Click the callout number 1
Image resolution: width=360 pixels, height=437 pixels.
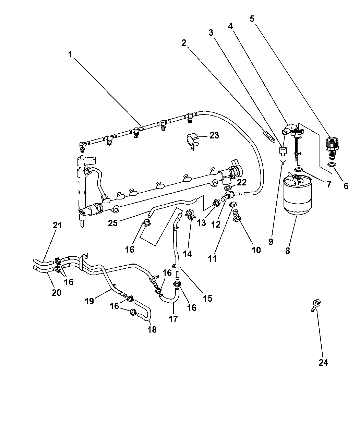[70, 54]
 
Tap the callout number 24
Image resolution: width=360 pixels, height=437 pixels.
[323, 363]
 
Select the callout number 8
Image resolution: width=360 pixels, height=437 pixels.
[287, 251]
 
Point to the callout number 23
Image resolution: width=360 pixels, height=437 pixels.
[214, 135]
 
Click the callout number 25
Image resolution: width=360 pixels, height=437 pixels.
[113, 223]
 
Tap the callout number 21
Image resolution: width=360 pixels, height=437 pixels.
[57, 225]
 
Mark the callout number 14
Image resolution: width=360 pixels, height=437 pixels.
[188, 254]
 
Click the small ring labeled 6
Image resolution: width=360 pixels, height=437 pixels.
[332, 165]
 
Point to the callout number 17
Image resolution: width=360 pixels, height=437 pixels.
[173, 319]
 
